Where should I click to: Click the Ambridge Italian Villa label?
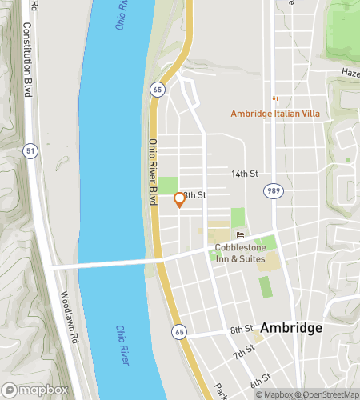tap(275, 114)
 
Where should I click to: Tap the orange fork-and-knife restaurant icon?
tap(275, 100)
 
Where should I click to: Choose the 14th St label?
tap(246, 174)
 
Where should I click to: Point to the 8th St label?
tap(242, 330)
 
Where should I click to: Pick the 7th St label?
tap(243, 353)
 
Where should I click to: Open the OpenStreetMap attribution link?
tap(327, 394)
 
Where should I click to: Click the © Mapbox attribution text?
tap(274, 394)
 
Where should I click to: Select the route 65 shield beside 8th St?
tap(178, 331)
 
